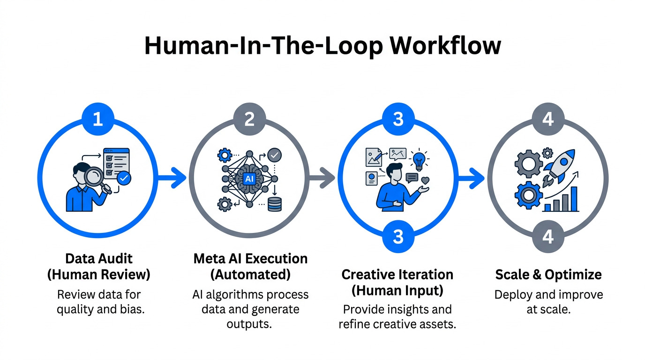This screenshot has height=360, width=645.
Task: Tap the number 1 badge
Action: point(97,119)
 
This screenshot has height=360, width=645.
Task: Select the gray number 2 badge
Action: point(249,119)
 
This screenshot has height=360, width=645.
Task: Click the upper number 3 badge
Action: point(398,119)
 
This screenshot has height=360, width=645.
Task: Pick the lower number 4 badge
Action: point(548,237)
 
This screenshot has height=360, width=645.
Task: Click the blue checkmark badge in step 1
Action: point(124,178)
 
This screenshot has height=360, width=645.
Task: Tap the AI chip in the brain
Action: point(249,179)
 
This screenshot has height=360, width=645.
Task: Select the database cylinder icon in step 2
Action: point(274,204)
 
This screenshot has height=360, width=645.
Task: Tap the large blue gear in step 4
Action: point(528,195)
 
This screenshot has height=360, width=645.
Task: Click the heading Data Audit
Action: point(99,259)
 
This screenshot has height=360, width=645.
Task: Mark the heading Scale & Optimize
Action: point(548,274)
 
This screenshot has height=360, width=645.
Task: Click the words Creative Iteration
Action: point(397,274)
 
